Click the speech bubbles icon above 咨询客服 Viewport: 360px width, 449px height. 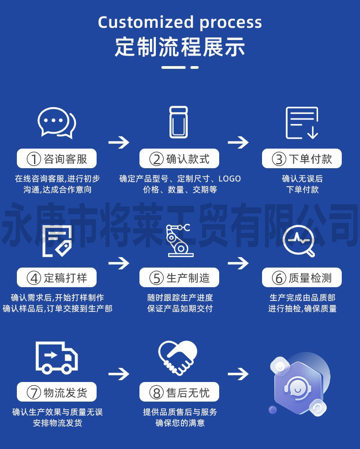click(57, 123)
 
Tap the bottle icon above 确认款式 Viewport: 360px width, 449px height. click(179, 122)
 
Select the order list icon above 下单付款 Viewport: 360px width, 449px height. click(301, 123)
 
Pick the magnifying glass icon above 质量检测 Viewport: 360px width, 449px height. click(299, 240)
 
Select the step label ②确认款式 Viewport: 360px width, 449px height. click(179, 159)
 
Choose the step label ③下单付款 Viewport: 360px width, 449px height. click(301, 159)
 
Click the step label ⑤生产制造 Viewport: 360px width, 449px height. click(179, 278)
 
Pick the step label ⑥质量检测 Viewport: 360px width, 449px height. click(301, 278)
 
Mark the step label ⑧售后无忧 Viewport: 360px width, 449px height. click(179, 392)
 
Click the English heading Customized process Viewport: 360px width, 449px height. click(180, 22)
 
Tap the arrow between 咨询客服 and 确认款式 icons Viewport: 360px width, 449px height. click(118, 142)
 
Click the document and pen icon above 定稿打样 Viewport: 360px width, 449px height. click(57, 240)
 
